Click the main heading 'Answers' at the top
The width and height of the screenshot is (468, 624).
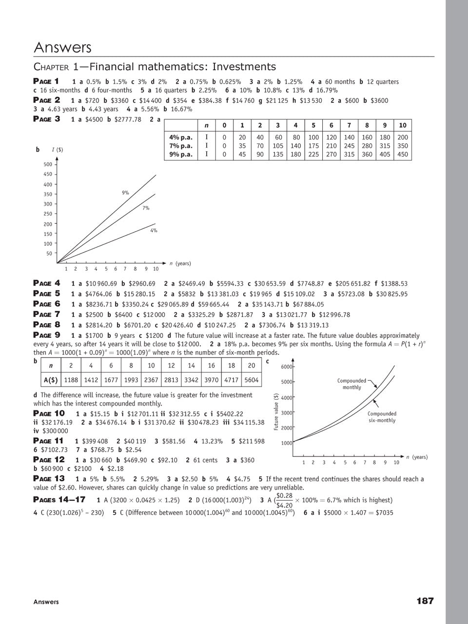tap(62, 48)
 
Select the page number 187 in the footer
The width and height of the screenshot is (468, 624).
tap(425, 601)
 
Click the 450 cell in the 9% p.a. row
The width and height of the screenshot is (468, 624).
tap(402, 155)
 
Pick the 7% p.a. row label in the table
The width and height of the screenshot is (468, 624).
tap(181, 146)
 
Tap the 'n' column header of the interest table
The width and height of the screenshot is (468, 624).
tap(207, 125)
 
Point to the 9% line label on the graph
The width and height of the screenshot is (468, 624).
tap(125, 193)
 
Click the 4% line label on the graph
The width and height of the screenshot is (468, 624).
tap(154, 231)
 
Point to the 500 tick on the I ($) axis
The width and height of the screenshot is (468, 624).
tap(48, 165)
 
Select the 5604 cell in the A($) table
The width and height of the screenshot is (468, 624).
tap(252, 380)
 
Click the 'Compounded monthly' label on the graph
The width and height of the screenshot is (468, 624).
tap(351, 384)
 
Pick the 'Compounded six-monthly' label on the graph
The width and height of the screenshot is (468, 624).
tap(382, 417)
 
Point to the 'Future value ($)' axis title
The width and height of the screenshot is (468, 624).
tap(276, 411)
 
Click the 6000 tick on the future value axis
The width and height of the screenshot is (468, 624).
tap(286, 367)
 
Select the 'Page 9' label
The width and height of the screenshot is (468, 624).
tap(47, 335)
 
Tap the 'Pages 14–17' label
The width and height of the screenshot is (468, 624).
tap(59, 499)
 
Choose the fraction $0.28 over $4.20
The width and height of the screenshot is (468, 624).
tap(284, 500)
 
